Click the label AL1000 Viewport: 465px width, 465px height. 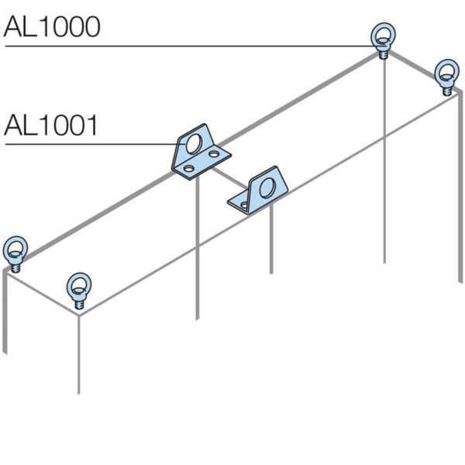(52, 26)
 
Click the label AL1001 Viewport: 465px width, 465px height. (50, 126)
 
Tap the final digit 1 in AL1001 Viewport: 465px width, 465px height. (92, 126)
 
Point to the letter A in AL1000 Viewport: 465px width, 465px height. (12, 26)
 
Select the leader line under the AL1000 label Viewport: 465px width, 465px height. (191, 46)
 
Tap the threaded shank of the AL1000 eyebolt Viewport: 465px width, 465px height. (383, 54)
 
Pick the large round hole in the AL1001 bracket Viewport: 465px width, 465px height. (194, 143)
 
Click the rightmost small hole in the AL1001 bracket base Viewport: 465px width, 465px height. (214, 154)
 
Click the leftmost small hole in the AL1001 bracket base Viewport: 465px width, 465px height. (189, 169)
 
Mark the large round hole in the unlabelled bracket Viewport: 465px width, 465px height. (267, 188)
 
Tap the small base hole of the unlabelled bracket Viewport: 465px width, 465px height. (244, 205)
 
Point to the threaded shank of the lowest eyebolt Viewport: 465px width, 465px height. (79, 305)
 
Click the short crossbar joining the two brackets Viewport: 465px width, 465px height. (229, 178)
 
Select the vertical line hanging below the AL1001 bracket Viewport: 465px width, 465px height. (198, 249)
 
